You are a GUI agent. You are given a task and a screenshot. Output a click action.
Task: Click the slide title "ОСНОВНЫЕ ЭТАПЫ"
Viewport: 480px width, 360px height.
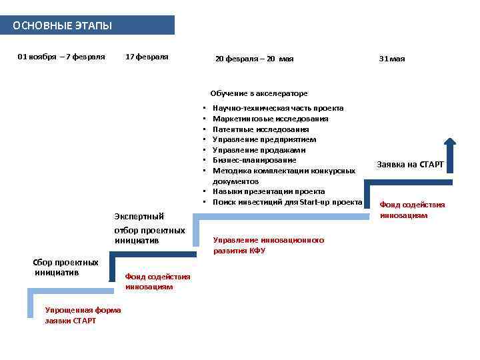tap(63, 26)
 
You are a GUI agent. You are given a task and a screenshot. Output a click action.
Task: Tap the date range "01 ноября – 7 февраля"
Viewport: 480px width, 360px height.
tap(61, 57)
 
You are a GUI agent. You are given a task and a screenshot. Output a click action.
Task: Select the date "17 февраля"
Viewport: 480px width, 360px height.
tap(147, 57)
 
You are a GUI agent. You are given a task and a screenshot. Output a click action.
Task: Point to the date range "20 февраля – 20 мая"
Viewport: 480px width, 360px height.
tap(254, 59)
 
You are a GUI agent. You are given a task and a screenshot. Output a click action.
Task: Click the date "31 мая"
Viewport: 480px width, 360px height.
tap(392, 59)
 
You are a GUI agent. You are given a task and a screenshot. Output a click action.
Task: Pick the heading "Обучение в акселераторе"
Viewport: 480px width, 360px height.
tap(259, 93)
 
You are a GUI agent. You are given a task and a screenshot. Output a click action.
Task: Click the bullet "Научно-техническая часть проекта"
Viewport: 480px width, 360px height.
tap(278, 108)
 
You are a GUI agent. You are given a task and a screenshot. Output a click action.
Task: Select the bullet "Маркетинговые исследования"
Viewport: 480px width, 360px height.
tap(270, 119)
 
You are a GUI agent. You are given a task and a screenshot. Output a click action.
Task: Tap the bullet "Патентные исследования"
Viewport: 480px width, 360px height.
tap(261, 129)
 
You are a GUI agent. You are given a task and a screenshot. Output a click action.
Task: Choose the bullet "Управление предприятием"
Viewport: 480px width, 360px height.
tap(264, 139)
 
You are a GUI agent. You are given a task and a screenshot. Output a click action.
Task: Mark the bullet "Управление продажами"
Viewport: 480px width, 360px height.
tap(259, 150)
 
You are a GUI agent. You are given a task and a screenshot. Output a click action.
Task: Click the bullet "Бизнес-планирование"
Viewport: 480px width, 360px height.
tap(254, 160)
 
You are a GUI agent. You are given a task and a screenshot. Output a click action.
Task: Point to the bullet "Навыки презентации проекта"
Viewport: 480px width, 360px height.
tap(269, 191)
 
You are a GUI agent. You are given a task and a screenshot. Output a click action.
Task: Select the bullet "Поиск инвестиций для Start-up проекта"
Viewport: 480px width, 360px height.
tap(287, 201)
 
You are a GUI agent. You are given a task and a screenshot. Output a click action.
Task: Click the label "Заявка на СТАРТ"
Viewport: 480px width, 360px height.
tap(410, 164)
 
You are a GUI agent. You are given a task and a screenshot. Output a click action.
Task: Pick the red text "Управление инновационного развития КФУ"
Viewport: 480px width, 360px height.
tap(268, 245)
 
